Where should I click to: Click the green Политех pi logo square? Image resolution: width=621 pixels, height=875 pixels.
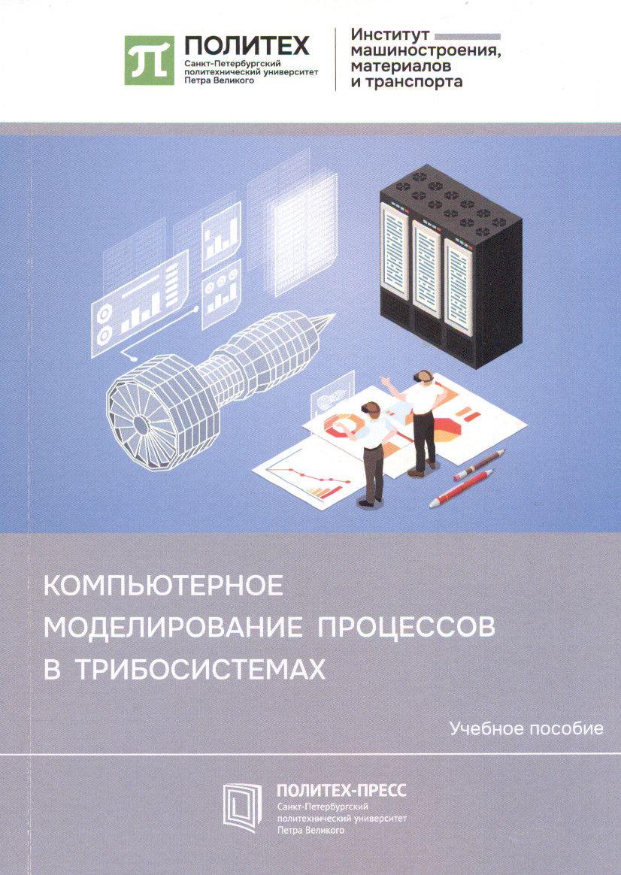click(149, 60)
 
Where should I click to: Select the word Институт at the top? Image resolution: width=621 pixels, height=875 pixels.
click(389, 35)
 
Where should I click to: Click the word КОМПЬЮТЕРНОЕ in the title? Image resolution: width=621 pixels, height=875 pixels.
click(163, 586)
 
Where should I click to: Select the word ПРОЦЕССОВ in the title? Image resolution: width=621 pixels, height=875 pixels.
click(406, 627)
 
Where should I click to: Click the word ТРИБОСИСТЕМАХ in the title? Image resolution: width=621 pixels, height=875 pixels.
click(200, 669)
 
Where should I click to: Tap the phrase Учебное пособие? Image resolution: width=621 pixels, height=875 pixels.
click(526, 729)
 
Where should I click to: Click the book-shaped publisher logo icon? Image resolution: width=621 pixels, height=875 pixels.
click(242, 807)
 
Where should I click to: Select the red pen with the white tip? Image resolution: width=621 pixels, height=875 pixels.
click(462, 489)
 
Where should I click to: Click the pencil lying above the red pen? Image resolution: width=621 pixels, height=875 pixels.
click(479, 465)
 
